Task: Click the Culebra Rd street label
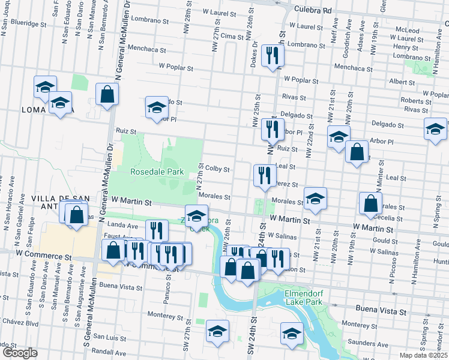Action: point(313,10)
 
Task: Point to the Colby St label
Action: point(217,169)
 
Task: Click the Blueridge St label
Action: point(25,23)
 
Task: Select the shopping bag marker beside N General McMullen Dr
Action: point(107,94)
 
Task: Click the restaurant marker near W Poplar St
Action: point(273,56)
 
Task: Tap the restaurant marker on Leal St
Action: point(264,175)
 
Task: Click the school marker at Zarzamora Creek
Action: point(196,215)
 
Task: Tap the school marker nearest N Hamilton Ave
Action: point(435,128)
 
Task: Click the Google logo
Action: point(20,353)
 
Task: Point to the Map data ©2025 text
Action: point(424,355)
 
